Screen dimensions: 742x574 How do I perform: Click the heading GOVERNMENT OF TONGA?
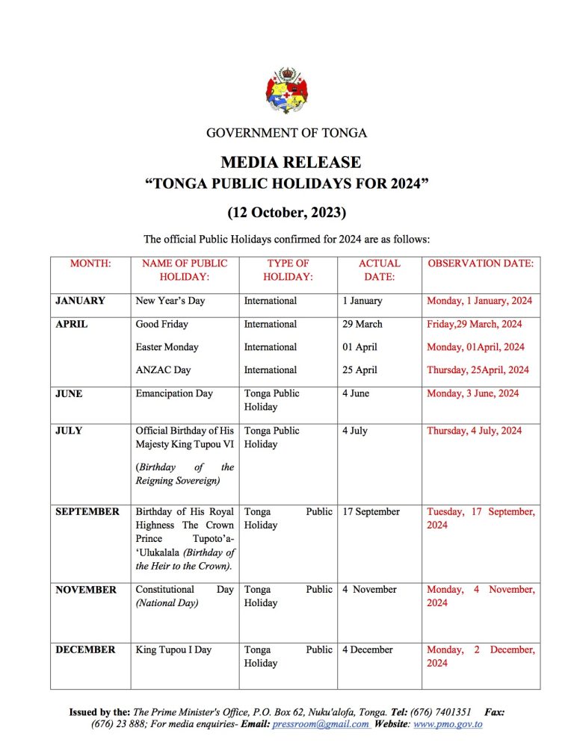pyautogui.click(x=287, y=134)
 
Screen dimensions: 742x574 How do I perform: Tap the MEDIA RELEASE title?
pyautogui.click(x=291, y=162)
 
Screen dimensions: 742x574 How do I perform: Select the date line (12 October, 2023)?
pyautogui.click(x=287, y=213)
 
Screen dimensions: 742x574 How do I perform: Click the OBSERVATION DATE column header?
pyautogui.click(x=481, y=264)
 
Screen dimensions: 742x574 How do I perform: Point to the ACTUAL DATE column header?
pyautogui.click(x=379, y=269)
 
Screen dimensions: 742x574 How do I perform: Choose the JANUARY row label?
pyautogui.click(x=80, y=301)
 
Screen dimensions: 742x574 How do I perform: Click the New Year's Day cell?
pyautogui.click(x=170, y=301)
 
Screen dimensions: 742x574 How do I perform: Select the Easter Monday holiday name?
pyautogui.click(x=167, y=347)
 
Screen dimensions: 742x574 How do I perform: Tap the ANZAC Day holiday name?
pyautogui.click(x=163, y=370)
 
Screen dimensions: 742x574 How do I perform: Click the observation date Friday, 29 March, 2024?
pyautogui.click(x=474, y=324)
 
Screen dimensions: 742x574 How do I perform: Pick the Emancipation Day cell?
pyautogui.click(x=174, y=393)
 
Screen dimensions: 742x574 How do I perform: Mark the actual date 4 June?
pyautogui.click(x=356, y=393)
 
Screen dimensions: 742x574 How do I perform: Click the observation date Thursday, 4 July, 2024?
pyautogui.click(x=474, y=431)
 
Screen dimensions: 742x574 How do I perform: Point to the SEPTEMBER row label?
pyautogui.click(x=87, y=512)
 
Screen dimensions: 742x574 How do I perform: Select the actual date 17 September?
pyautogui.click(x=371, y=512)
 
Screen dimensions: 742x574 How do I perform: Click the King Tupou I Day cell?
pyautogui.click(x=173, y=649)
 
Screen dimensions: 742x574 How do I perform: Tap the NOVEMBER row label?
pyautogui.click(x=86, y=590)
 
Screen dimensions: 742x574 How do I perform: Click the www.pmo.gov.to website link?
pyautogui.click(x=448, y=724)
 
